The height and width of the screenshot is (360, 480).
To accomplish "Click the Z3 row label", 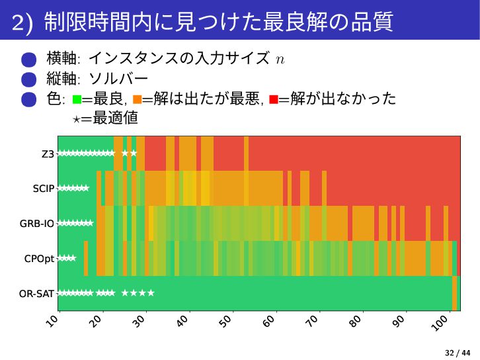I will click(48, 154).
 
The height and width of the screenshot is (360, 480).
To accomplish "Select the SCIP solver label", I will click(44, 189).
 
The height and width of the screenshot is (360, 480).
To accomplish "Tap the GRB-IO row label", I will click(37, 223).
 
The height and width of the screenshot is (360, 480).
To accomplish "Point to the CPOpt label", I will click(40, 258).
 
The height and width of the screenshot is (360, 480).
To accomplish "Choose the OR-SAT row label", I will click(37, 292).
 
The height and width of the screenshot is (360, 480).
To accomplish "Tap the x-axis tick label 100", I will click(441, 324).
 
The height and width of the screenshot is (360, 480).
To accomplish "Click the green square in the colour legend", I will click(77, 100).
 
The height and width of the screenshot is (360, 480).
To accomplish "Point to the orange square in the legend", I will click(137, 100).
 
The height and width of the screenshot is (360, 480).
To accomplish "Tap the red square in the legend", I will click(273, 100).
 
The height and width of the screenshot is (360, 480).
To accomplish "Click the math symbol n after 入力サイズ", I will click(280, 60).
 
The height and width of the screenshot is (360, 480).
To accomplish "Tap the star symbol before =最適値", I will click(77, 119).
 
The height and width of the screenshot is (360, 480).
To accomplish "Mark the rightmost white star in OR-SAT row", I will click(151, 292).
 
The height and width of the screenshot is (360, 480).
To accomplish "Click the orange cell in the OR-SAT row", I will click(455, 292).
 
